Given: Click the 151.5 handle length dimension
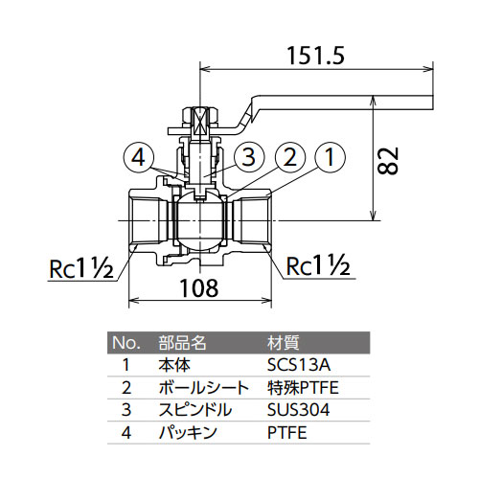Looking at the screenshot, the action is click(316, 56).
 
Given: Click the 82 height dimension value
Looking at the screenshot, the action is click(388, 161).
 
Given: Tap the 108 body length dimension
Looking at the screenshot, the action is click(199, 287).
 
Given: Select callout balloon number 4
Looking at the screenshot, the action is click(139, 157).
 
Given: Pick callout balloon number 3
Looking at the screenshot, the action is click(249, 157).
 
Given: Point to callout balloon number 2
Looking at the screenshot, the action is click(289, 157).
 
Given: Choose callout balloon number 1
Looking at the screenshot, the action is click(330, 157).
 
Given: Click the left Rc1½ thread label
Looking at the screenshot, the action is click(81, 268).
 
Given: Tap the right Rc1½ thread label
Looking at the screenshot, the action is click(318, 265).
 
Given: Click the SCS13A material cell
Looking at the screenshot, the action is click(299, 365).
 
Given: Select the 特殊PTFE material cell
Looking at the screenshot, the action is click(303, 387).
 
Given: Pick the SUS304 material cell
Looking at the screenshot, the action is click(298, 410).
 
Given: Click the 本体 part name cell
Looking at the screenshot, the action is click(174, 365).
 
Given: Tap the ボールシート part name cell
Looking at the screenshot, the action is click(204, 387).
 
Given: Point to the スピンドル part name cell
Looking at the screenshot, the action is click(194, 410).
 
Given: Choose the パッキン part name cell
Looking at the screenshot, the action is click(188, 432).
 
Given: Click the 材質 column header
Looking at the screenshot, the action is click(283, 343).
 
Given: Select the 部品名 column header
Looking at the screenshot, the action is click(182, 343).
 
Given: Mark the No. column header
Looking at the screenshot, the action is click(126, 343).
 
